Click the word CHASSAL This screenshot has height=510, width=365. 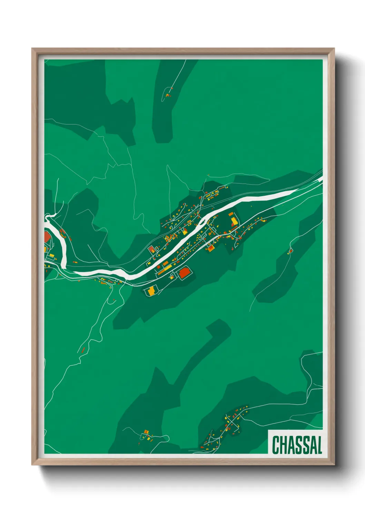[297, 445]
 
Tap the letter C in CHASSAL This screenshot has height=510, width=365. [276, 445]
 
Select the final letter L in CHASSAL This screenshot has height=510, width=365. [319, 445]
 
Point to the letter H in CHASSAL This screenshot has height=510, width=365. [283, 445]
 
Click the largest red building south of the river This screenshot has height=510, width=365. [184, 273]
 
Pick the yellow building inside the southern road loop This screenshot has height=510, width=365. [151, 291]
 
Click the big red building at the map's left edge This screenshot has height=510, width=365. [47, 237]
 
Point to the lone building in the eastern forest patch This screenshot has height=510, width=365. [290, 251]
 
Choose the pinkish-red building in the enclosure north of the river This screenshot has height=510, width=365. [151, 249]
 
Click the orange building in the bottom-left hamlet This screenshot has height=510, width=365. [146, 431]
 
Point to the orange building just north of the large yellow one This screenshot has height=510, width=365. [230, 214]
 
